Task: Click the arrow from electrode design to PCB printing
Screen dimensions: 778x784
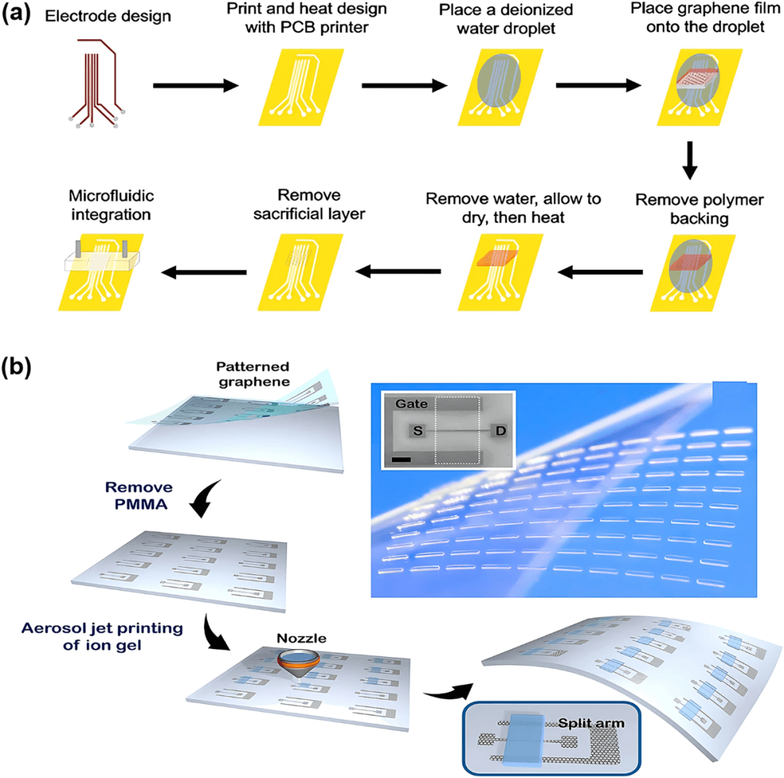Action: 196,86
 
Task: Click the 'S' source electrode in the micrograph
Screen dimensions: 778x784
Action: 417,429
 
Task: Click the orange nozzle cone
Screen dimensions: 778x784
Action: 300,658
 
